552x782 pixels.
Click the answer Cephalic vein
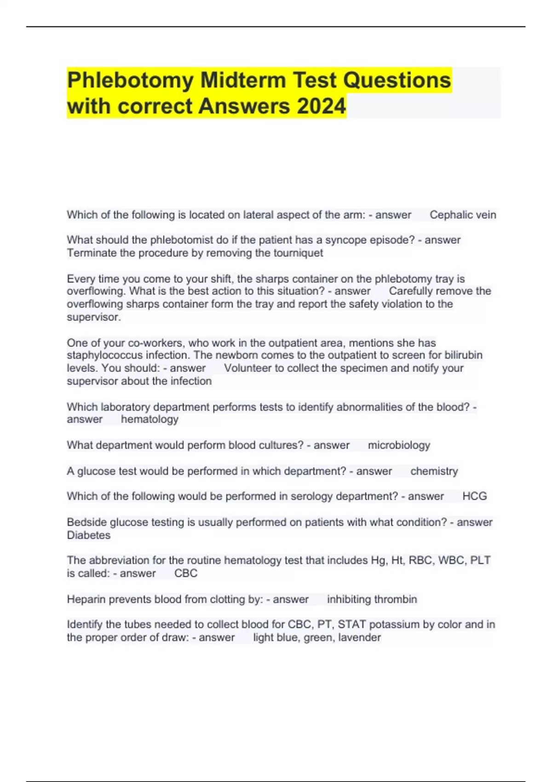(462, 215)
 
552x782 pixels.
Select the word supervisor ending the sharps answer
(93, 317)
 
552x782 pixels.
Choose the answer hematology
(149, 420)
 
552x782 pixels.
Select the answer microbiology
(399, 445)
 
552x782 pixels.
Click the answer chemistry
(434, 471)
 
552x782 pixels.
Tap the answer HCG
(474, 496)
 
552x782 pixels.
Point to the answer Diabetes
(89, 535)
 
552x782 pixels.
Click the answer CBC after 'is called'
(186, 574)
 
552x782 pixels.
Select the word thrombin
(395, 599)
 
